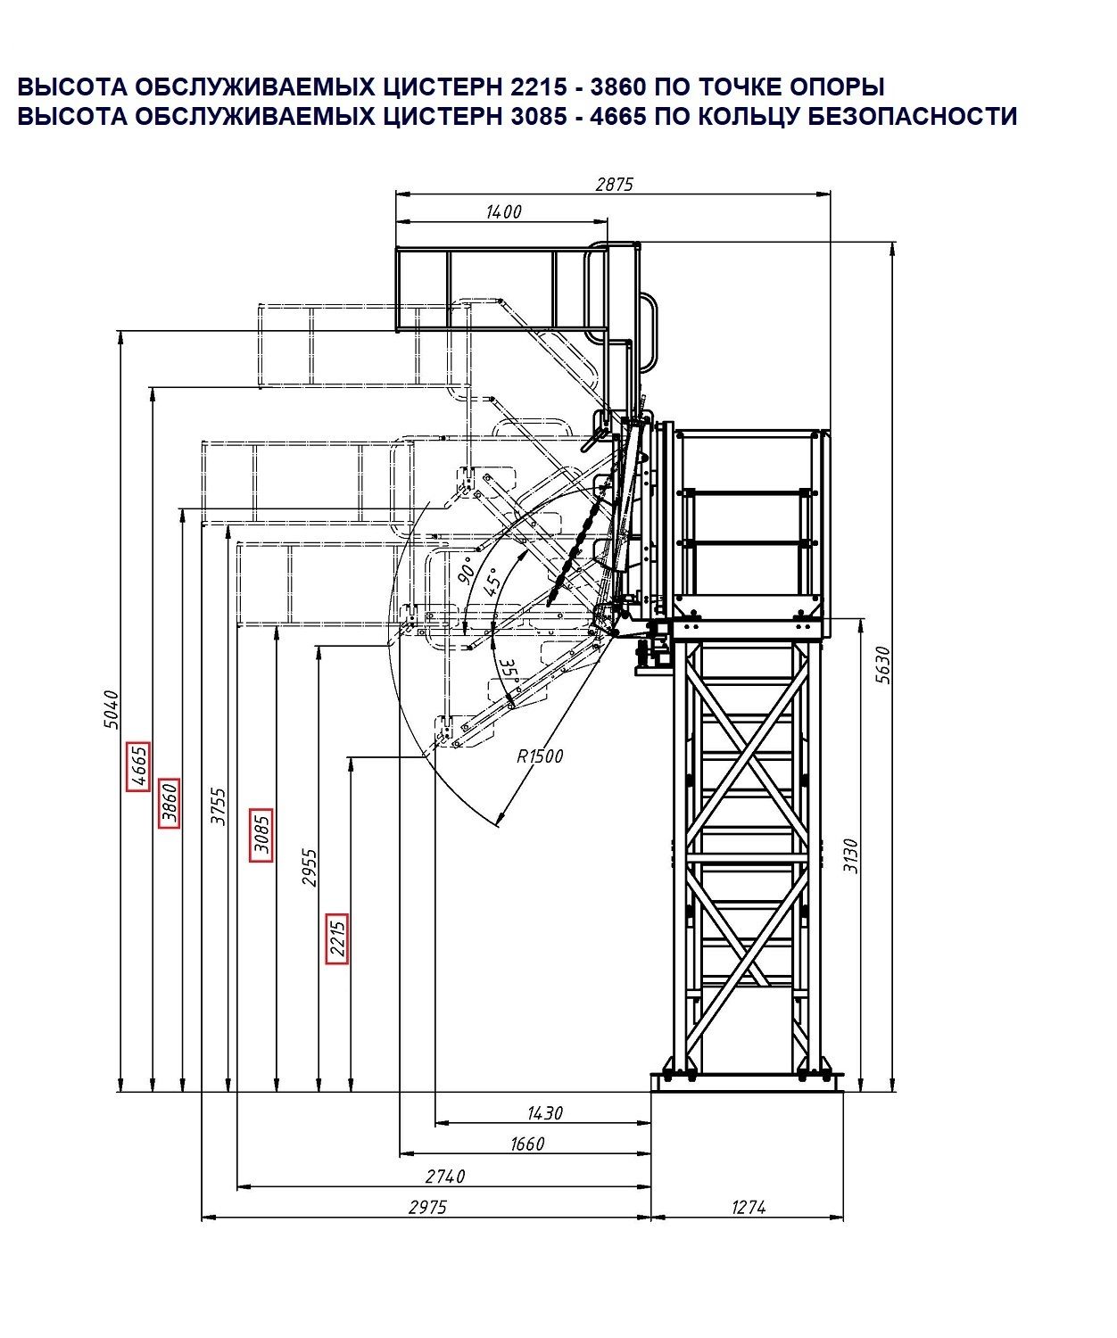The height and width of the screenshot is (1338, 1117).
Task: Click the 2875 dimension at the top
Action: [x=613, y=185]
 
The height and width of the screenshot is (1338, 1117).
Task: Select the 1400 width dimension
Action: [x=503, y=211]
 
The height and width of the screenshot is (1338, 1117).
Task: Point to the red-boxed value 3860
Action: [x=169, y=803]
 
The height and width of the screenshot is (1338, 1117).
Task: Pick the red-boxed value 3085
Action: [x=261, y=836]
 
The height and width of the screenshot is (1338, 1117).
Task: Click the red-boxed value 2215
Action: [x=336, y=938]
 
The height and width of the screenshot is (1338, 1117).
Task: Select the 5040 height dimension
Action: [x=111, y=709]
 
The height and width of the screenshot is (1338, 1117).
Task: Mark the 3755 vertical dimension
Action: [x=218, y=806]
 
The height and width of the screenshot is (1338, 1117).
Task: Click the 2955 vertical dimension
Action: [x=310, y=868]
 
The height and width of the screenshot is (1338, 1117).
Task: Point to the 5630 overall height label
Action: [x=882, y=665]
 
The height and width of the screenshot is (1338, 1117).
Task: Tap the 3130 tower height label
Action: [x=849, y=855]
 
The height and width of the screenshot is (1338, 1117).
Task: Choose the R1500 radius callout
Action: [x=540, y=756]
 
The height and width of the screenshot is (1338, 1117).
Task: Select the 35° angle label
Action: [x=509, y=671]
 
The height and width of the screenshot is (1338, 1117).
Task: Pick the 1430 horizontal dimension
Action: [x=545, y=1113]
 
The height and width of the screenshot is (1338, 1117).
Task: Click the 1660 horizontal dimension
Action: [x=527, y=1144]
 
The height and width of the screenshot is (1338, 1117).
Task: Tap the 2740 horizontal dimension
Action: [x=445, y=1177]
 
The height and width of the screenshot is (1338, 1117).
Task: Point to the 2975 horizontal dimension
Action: [x=427, y=1207]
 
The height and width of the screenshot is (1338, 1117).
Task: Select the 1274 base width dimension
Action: [x=748, y=1207]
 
